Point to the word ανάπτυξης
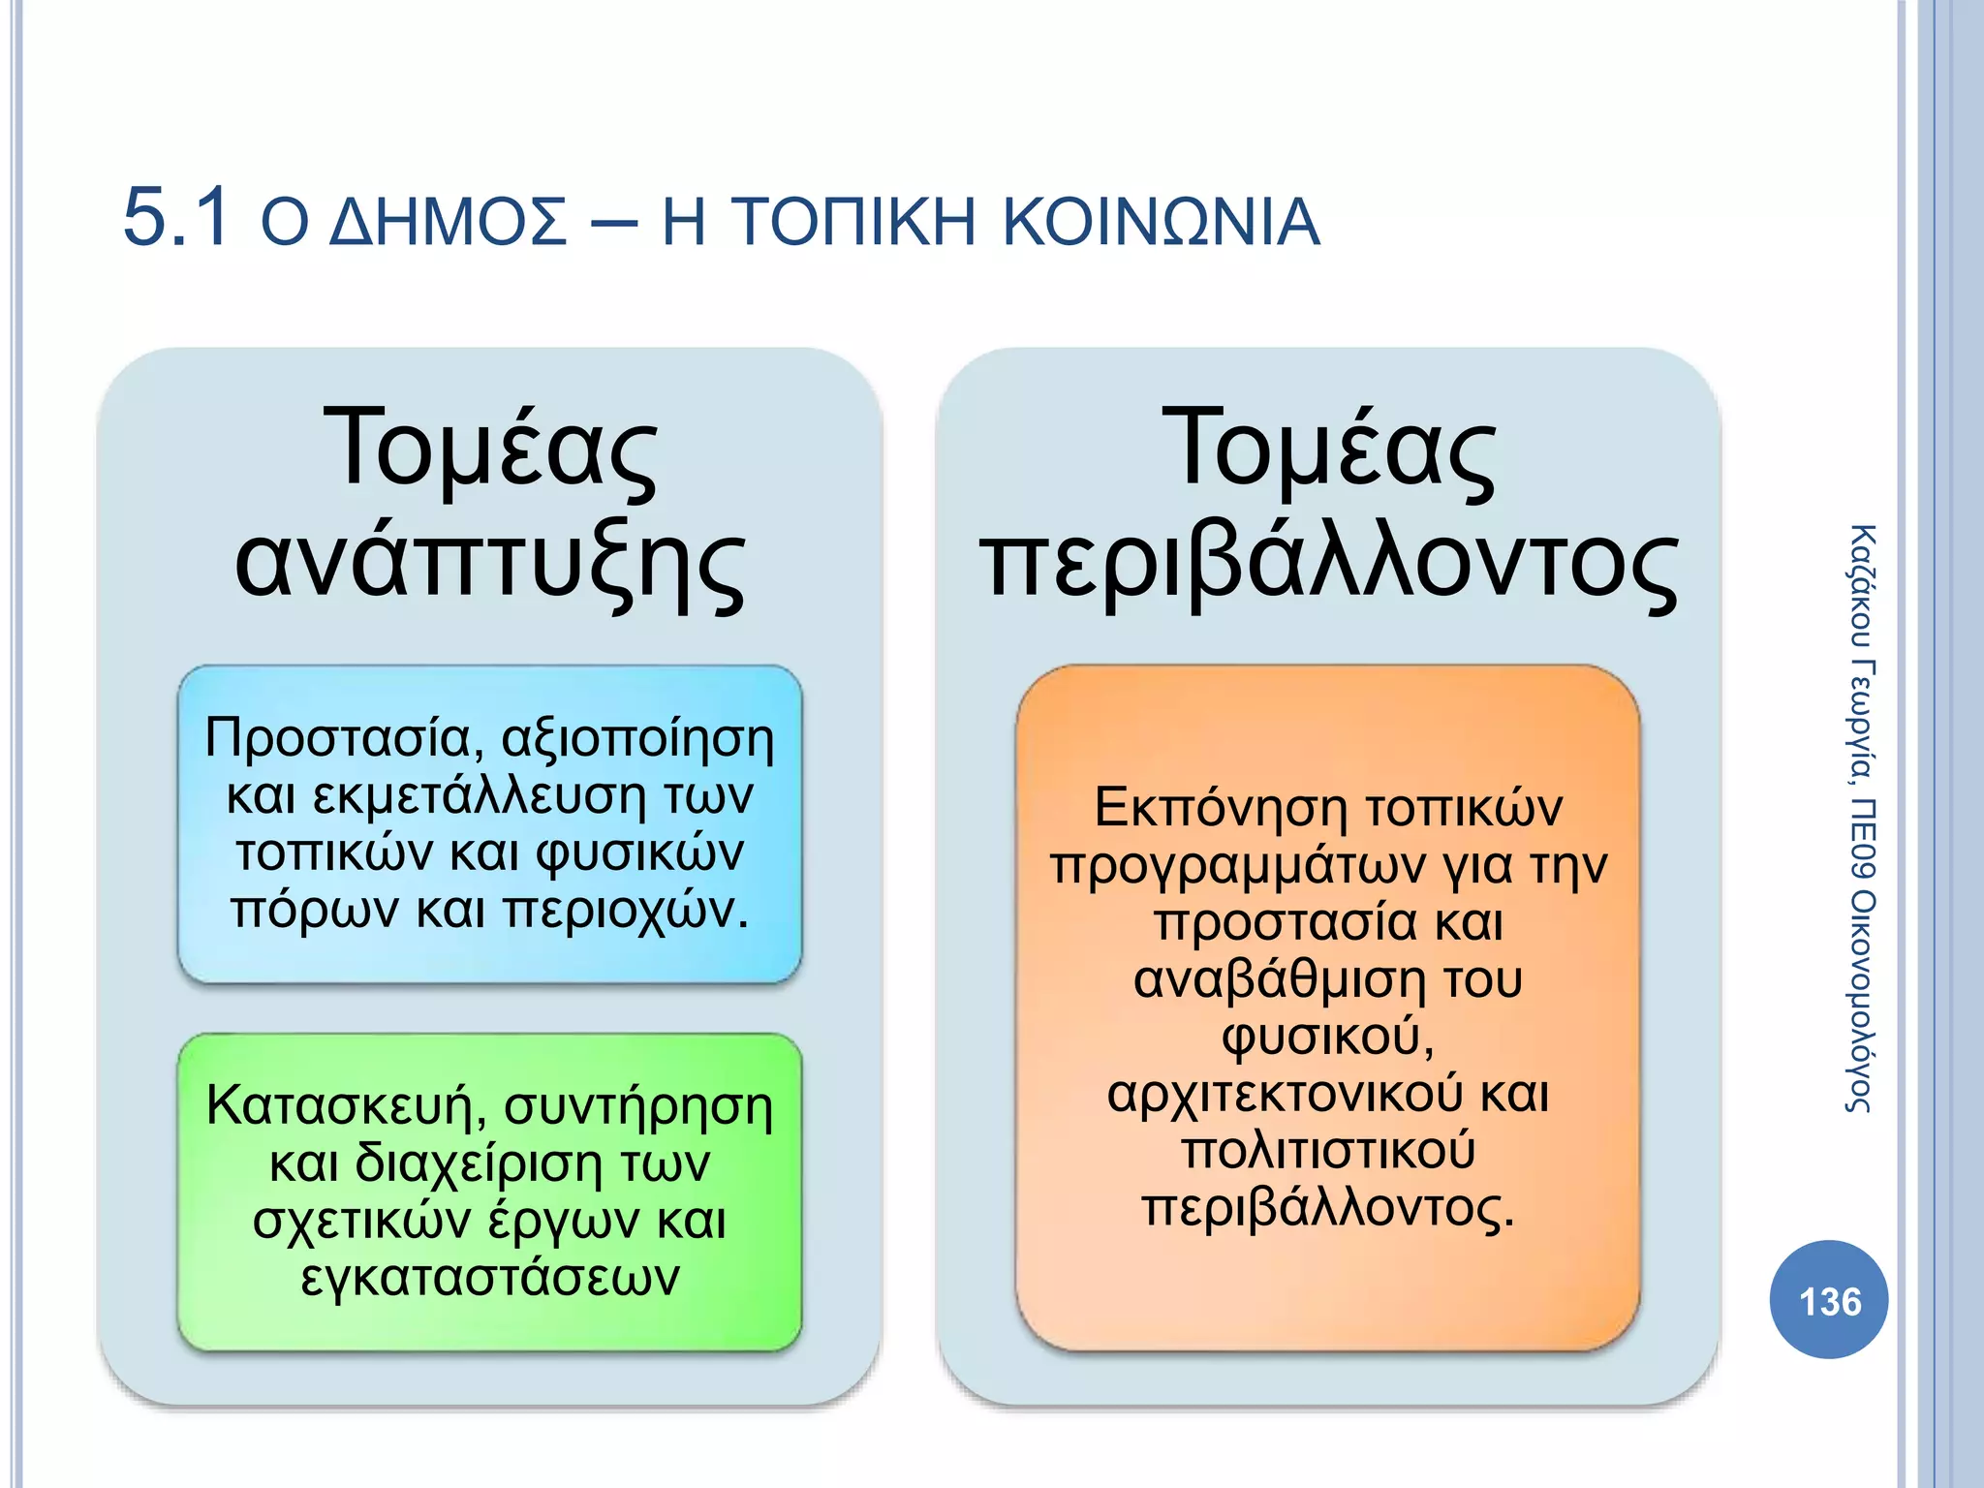point(490,565)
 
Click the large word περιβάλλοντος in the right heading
point(1328,565)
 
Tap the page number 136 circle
point(1829,1301)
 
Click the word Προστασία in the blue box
point(338,738)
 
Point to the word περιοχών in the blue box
point(627,911)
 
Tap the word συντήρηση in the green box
point(638,1105)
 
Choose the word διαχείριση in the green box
point(480,1162)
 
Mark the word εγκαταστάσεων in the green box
point(490,1277)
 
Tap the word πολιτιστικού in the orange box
point(1328,1151)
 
